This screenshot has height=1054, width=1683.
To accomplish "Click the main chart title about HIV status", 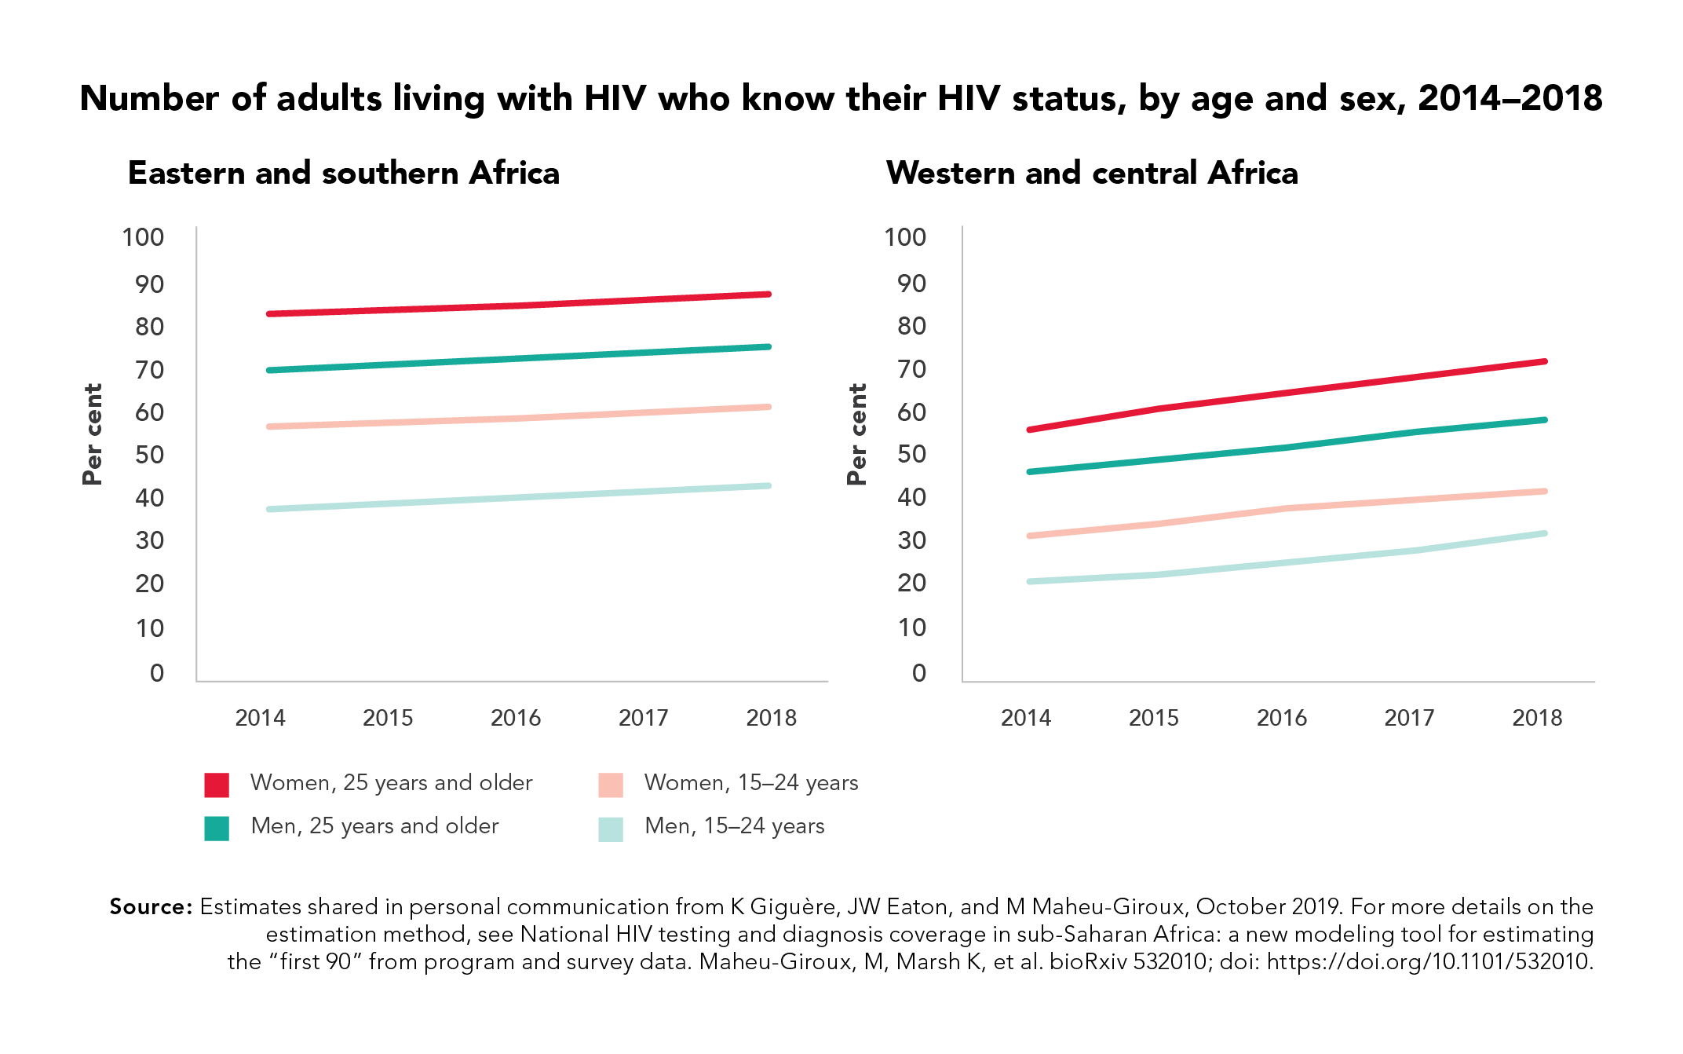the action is (x=841, y=99).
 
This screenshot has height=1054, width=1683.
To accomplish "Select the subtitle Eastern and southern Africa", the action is (x=344, y=173).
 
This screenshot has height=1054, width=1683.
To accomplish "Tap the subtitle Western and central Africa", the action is (x=1092, y=173).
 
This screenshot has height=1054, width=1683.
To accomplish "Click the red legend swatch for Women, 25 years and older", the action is (x=217, y=785).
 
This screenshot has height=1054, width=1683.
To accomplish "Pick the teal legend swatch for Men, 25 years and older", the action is (x=217, y=829).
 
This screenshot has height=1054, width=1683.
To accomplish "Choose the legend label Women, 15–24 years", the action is (x=751, y=783).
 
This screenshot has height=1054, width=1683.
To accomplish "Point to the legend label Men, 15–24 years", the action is (x=735, y=826).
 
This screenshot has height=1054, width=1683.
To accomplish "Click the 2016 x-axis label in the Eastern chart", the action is (x=516, y=718).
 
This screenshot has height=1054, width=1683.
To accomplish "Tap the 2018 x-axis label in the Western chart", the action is (x=1537, y=718).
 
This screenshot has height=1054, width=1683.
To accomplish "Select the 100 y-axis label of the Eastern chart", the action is (x=143, y=237).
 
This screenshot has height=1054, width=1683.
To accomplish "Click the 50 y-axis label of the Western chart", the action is (x=911, y=454).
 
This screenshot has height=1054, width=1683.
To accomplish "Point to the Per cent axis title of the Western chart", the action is (x=857, y=434).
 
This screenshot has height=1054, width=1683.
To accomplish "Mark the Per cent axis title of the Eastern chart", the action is (x=93, y=434).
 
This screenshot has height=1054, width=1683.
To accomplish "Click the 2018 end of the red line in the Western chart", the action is (x=1545, y=361).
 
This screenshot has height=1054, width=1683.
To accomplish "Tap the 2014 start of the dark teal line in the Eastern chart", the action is (x=269, y=370).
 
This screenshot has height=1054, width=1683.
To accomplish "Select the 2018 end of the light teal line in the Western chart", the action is (x=1545, y=534).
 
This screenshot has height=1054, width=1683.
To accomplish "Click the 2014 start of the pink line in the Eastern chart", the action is (x=269, y=426).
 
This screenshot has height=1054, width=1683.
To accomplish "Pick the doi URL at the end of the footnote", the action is (x=1430, y=962).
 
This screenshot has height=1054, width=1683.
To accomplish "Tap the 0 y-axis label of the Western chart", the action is (x=919, y=673).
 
